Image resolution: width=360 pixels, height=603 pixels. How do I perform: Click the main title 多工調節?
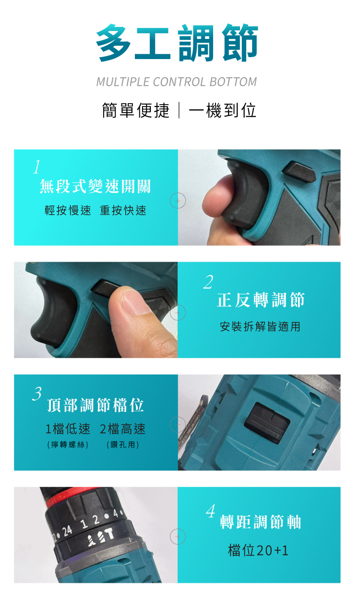pyautogui.click(x=177, y=42)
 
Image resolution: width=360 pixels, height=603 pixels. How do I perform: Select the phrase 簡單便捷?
pyautogui.click(x=136, y=110)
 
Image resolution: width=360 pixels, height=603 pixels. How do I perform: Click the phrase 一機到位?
pyautogui.click(x=222, y=110)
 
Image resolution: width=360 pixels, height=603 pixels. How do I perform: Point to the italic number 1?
pyautogui.click(x=37, y=167)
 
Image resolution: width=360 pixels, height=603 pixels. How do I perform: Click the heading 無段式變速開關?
pyautogui.click(x=95, y=186)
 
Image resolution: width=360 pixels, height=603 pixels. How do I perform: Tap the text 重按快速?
pyautogui.click(x=123, y=210)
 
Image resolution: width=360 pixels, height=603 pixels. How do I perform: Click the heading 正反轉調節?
pyautogui.click(x=261, y=300)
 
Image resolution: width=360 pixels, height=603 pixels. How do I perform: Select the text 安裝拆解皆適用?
pyautogui.click(x=260, y=326)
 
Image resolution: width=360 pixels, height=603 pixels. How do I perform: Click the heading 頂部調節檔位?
pyautogui.click(x=96, y=405)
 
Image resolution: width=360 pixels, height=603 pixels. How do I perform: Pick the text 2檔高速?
pyautogui.click(x=123, y=429)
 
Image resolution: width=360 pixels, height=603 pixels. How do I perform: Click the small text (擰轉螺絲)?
pyautogui.click(x=68, y=445)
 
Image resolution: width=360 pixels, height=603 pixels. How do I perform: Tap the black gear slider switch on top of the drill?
pyautogui.click(x=267, y=422)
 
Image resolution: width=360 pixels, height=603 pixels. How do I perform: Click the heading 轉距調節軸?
pyautogui.click(x=260, y=522)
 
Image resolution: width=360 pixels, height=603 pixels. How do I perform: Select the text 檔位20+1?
pyautogui.click(x=258, y=550)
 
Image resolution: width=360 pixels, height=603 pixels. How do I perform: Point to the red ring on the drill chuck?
pyautogui.click(x=71, y=497)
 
